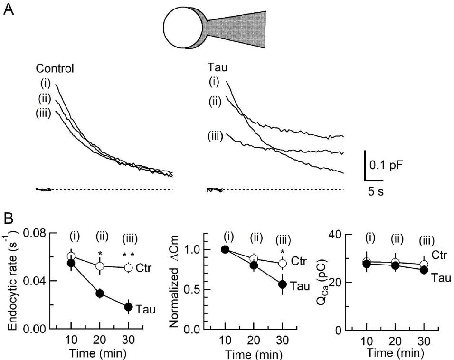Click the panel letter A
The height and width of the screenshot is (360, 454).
point(8,9)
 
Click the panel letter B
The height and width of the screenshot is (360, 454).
point(8,220)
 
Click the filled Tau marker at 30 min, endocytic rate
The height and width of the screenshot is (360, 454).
point(128,307)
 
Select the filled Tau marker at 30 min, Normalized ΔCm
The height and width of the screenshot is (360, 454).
point(283,284)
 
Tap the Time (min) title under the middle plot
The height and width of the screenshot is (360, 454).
point(254,354)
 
